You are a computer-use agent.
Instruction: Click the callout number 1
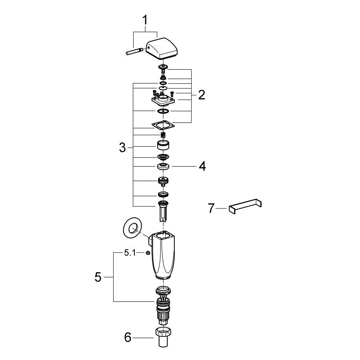click(145, 20)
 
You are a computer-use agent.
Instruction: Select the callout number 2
click(201, 94)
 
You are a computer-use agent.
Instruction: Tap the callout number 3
click(122, 147)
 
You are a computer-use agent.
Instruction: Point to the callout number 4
click(202, 166)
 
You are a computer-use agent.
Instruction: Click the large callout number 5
click(98, 277)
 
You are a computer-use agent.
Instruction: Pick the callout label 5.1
click(130, 253)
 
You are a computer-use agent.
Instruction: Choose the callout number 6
click(128, 338)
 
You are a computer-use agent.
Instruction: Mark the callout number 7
click(211, 208)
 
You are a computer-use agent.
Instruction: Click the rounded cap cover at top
click(163, 49)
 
